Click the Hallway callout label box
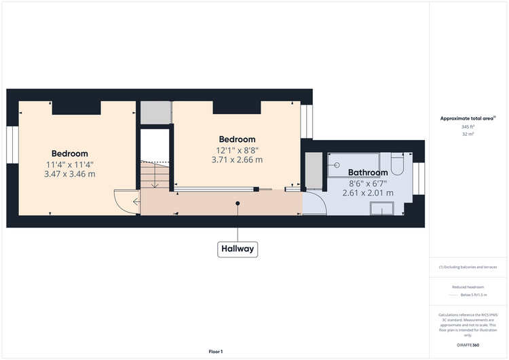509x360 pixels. coord(238,249)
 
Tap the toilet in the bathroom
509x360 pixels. coord(397,164)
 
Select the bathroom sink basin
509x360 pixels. coord(382,209)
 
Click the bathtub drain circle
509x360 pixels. coord(337,165)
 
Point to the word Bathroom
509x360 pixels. coord(368,173)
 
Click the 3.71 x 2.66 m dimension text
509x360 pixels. coord(237,160)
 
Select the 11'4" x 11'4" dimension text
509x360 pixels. coord(70,165)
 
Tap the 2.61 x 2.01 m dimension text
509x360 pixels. coord(368,193)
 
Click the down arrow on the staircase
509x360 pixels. coord(155,176)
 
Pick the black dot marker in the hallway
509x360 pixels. coord(238,203)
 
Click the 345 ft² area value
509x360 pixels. coord(468,127)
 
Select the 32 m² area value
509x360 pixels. coord(468,134)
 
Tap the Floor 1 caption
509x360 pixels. coord(216,352)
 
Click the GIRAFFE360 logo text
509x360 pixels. coord(468,345)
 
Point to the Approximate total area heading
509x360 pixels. coord(468,118)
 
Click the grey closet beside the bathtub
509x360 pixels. coord(314,170)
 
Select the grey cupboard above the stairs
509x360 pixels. coord(155,113)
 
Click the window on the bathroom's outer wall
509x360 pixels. coord(419,179)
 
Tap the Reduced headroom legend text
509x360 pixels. coord(468,287)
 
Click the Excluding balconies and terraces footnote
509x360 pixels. coord(468,267)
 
